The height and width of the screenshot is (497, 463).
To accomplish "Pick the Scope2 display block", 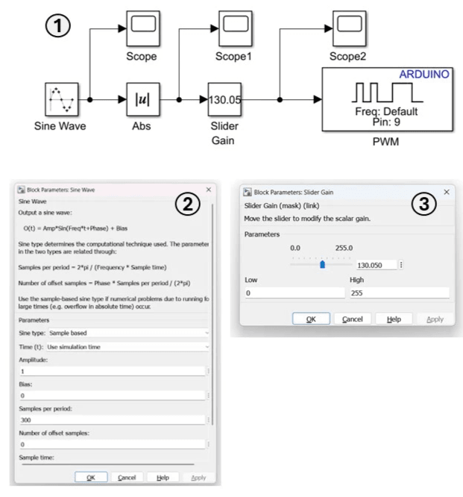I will (x=350, y=28).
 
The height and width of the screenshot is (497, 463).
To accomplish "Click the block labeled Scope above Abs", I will (x=141, y=28).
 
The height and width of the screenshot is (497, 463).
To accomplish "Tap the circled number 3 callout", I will (x=424, y=204).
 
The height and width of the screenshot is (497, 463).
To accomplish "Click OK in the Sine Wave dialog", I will (x=91, y=477).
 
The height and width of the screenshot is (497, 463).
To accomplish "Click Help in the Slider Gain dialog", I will (x=394, y=319).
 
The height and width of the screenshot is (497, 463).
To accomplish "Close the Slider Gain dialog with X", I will (x=446, y=192).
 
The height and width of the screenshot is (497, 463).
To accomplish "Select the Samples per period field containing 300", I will (x=111, y=420).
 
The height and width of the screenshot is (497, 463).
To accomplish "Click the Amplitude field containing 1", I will (x=111, y=371).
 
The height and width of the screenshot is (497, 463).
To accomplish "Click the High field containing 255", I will (x=399, y=293).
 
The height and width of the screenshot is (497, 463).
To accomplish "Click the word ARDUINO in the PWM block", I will (x=424, y=75).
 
